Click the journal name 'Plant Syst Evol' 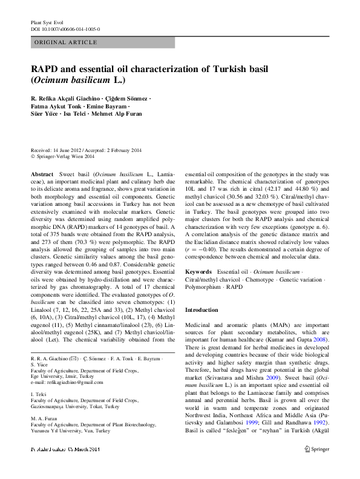point(45,22)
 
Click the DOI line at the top point(65,28)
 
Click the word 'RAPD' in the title point(47,70)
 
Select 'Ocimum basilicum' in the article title point(74,81)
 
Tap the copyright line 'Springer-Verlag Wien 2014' point(65,156)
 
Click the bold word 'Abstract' point(42,174)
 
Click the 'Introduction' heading point(201,310)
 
